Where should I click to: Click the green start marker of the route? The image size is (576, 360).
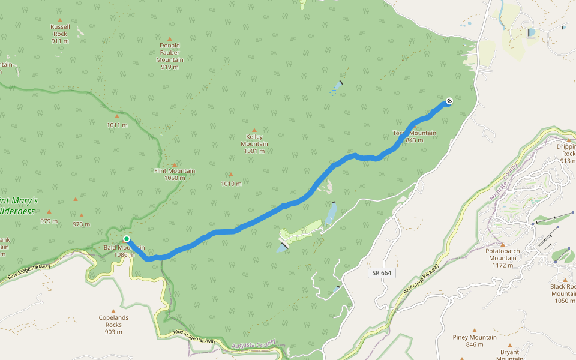point(127,239)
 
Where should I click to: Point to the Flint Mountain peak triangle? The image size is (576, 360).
point(175,164)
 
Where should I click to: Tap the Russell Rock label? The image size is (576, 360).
point(59,30)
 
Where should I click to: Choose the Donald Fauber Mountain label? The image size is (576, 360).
point(170,53)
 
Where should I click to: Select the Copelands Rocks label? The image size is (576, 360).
point(113,321)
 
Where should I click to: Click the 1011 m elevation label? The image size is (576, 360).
point(117,125)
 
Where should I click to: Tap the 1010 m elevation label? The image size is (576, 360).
point(231,184)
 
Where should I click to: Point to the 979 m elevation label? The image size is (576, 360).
point(49,221)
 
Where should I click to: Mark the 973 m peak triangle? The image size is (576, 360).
point(82,215)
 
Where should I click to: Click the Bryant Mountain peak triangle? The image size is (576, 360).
point(510,345)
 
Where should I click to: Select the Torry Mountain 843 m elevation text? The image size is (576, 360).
point(415,140)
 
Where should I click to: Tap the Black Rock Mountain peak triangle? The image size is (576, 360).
point(565,280)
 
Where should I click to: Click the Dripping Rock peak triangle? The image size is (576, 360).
point(568,140)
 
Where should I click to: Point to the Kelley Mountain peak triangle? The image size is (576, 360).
point(254,130)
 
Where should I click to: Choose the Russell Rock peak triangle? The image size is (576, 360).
point(59,20)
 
